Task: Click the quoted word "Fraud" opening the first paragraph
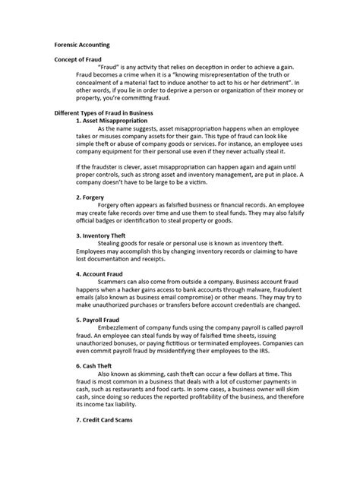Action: coord(110,67)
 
